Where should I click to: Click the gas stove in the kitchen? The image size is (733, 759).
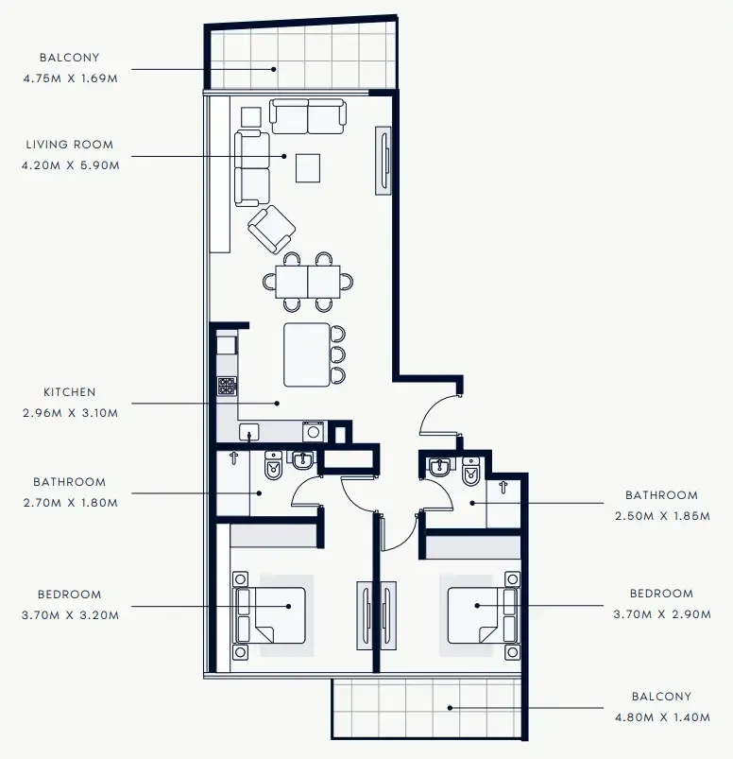pyautogui.click(x=228, y=386)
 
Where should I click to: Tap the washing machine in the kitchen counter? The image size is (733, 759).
pyautogui.click(x=314, y=432)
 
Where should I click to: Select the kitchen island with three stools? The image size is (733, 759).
pyautogui.click(x=308, y=354)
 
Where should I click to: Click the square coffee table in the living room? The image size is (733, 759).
pyautogui.click(x=308, y=167)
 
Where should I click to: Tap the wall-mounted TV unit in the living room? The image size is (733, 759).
pyautogui.click(x=384, y=161)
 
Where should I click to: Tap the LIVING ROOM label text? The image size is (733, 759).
pyautogui.click(x=70, y=145)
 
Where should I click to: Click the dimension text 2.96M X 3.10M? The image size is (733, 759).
pyautogui.click(x=70, y=412)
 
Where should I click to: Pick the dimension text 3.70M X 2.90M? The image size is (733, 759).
pyautogui.click(x=660, y=614)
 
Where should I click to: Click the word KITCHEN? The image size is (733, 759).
pyautogui.click(x=70, y=391)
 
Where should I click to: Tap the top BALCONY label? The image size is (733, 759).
pyautogui.click(x=70, y=57)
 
